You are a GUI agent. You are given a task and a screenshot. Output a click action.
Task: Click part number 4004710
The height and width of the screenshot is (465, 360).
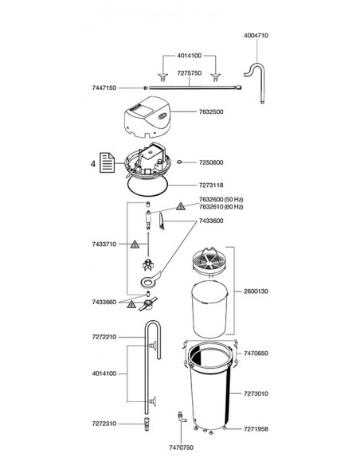click(256, 35)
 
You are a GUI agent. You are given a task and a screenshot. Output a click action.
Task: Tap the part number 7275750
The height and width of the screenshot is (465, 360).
click(190, 73)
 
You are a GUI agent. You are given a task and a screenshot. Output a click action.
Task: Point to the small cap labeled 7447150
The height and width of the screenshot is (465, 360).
click(145, 88)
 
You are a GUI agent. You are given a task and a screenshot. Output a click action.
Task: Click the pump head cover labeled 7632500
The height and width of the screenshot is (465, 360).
click(147, 117)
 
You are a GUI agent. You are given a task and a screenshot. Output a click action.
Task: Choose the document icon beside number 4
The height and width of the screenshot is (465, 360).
click(107, 162)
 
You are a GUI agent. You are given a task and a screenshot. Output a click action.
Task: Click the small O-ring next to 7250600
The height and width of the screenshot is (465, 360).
click(179, 162)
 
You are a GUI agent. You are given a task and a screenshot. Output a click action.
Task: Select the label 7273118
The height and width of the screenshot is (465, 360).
click(211, 186)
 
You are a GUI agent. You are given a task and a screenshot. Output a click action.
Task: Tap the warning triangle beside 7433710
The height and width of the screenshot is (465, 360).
click(135, 244)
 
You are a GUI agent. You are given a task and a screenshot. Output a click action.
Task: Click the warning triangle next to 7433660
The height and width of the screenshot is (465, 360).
click(131, 304)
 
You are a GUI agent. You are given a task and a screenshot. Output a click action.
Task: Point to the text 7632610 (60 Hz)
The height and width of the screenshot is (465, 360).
click(221, 206)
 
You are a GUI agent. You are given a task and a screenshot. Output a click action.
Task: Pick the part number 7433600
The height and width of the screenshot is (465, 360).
click(211, 221)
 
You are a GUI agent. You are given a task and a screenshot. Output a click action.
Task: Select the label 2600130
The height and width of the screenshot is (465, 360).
click(256, 291)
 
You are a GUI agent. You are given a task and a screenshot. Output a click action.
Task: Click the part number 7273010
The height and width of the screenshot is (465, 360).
click(256, 393)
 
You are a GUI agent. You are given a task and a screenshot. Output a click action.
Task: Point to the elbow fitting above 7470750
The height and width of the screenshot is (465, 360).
click(182, 416)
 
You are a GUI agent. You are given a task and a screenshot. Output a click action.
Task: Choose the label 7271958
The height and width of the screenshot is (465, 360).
click(256, 429)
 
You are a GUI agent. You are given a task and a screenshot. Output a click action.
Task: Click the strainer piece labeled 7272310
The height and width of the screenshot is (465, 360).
click(147, 424)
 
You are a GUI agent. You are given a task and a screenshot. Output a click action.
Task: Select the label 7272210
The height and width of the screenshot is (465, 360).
click(104, 337)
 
